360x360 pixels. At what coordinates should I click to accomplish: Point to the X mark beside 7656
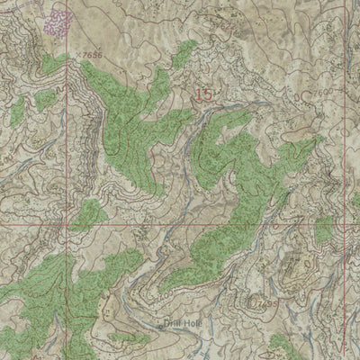(78, 54)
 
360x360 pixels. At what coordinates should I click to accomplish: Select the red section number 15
(204, 94)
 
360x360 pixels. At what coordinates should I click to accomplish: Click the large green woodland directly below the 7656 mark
(126, 117)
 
